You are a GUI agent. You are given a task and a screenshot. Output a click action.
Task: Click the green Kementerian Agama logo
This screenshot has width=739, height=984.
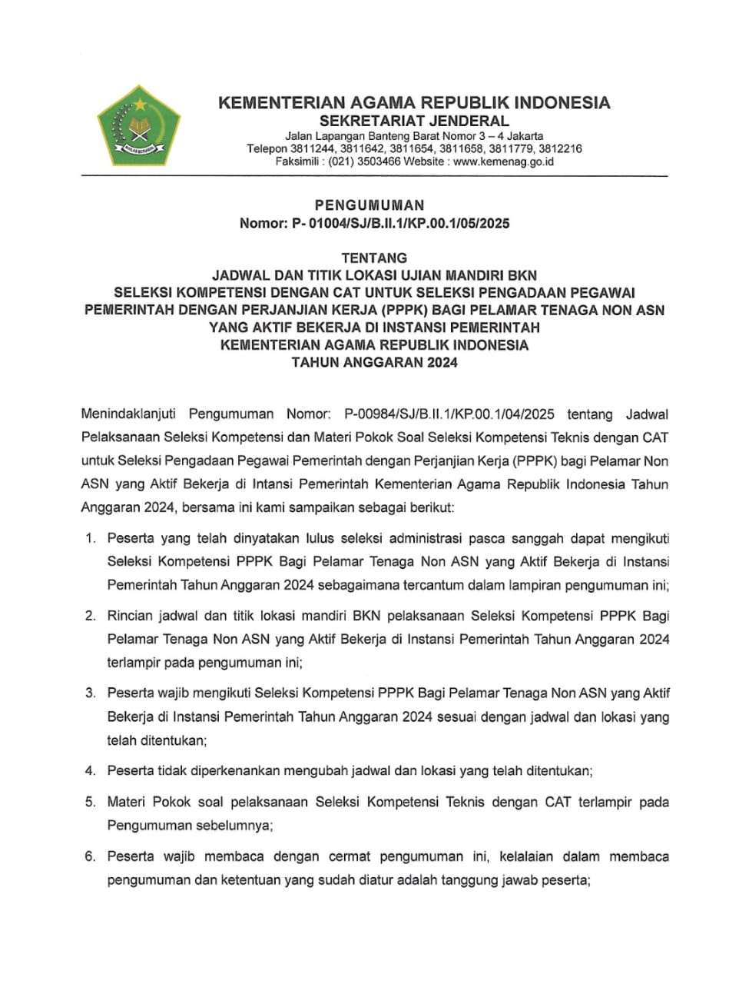pos(139,127)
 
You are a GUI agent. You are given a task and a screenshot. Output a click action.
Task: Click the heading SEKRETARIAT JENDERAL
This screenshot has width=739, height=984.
pos(414,121)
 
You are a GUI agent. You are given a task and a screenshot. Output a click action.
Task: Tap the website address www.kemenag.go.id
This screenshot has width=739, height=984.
pos(503,161)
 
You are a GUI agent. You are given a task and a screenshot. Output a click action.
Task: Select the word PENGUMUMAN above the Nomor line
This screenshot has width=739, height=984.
pos(369,205)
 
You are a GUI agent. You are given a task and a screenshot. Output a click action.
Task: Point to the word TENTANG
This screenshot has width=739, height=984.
pos(374,258)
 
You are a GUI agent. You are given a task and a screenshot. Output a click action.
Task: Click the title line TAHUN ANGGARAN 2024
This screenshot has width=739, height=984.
pos(374,363)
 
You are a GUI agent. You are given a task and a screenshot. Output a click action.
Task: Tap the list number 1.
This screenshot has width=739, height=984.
pos(90,539)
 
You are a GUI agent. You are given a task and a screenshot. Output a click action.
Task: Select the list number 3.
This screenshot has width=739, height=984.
pos(90,693)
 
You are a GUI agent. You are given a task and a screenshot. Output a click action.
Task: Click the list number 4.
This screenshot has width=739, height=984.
pos(90,770)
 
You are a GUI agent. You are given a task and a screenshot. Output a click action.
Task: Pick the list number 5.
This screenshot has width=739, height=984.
pos(90,802)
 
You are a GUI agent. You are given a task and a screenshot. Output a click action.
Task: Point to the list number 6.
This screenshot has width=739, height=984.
pos(90,856)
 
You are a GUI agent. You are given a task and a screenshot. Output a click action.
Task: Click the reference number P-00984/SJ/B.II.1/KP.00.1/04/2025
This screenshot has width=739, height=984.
pos(449,414)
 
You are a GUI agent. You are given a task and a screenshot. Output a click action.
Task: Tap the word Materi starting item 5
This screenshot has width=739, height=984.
pos(126,802)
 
